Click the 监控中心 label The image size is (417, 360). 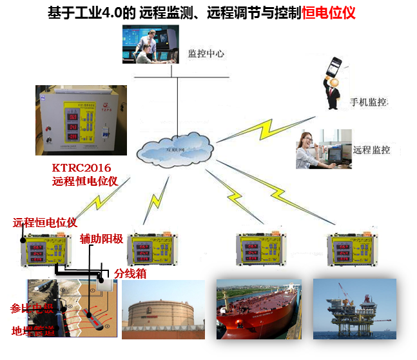pos(206,54)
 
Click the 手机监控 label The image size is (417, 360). pos(369,103)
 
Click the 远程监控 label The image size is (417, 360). pos(371,150)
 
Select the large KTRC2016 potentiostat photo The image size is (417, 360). pos(81,120)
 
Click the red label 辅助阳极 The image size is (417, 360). pos(101,239)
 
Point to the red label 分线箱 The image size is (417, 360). pos(130,274)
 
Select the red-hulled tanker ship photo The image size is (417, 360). pos(258,310)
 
